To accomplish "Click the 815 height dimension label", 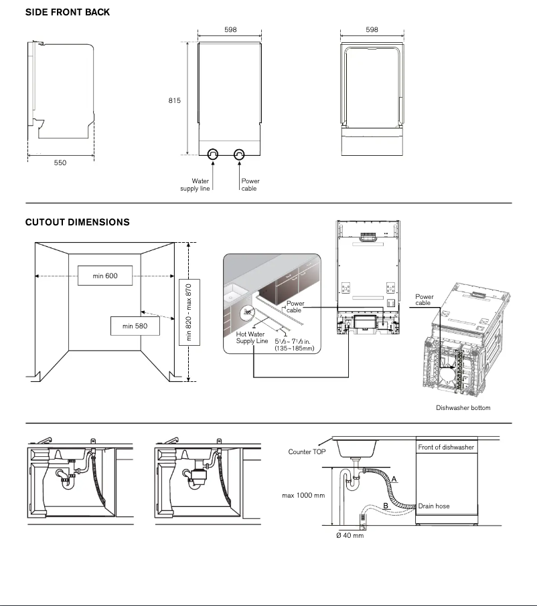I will [x=175, y=100].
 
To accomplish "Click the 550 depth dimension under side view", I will [x=60, y=163].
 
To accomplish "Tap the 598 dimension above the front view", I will [x=230, y=30].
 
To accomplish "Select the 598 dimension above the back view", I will [x=372, y=30].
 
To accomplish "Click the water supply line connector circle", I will [x=212, y=155].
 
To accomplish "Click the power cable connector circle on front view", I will [x=239, y=155].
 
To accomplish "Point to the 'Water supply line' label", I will [x=196, y=185].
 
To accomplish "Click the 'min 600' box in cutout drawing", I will [x=105, y=276].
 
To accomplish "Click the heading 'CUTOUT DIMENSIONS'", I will [x=77, y=222].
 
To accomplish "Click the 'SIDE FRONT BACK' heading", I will [x=67, y=12].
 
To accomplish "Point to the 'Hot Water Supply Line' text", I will [x=252, y=337].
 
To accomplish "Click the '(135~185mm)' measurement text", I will [x=294, y=348].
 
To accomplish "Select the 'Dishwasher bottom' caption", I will [x=463, y=407].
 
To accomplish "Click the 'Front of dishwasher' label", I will [x=445, y=447].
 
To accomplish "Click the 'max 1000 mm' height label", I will [x=303, y=496].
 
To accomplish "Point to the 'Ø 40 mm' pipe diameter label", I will [x=350, y=536].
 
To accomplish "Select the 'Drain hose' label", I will [x=433, y=506].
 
